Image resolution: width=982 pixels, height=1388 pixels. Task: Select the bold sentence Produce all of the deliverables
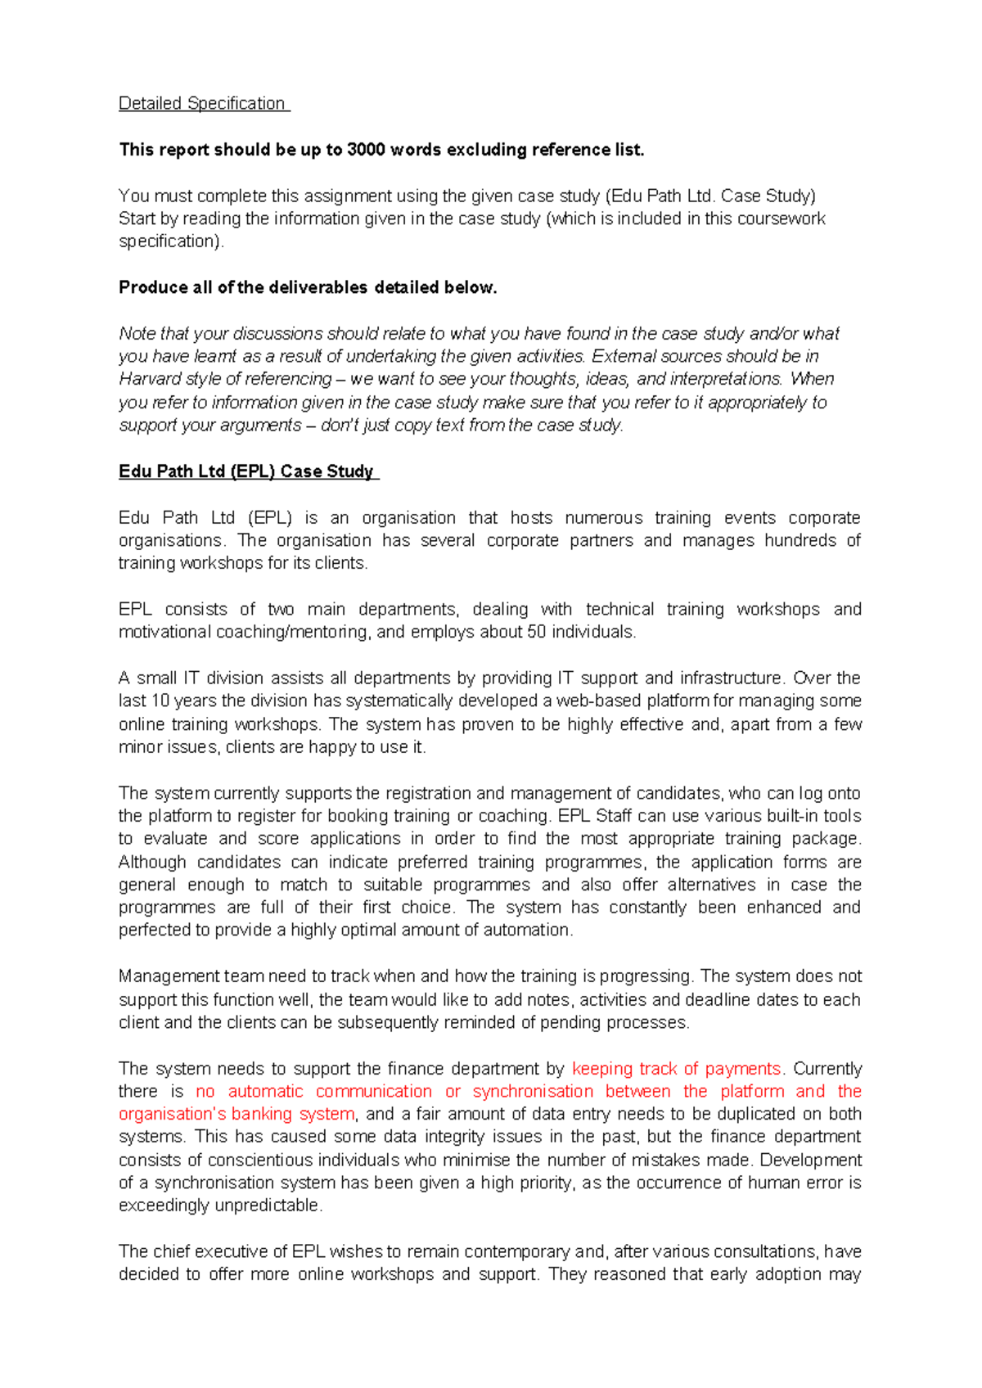308,287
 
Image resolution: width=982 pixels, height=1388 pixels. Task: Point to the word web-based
600,701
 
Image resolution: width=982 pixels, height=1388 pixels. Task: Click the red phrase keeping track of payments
676,1068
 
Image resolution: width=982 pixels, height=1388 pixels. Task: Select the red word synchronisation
533,1091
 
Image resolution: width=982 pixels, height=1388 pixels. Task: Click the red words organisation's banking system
236,1114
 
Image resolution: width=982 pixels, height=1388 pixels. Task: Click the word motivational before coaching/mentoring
165,632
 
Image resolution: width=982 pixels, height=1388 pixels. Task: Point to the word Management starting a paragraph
166,976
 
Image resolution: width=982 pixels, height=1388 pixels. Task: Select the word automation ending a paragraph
527,931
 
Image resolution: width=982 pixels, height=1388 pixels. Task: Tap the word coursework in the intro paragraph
782,219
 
